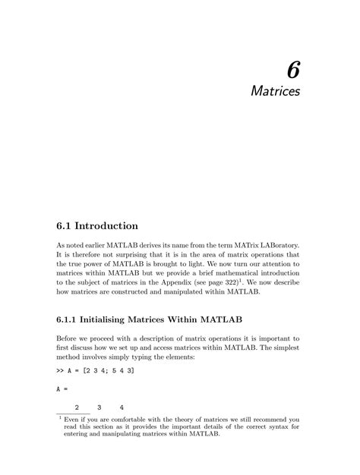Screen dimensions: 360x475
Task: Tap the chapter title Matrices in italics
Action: pos(276,92)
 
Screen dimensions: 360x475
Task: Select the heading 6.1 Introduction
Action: pos(97,225)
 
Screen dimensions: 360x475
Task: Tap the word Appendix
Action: pos(204,282)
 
